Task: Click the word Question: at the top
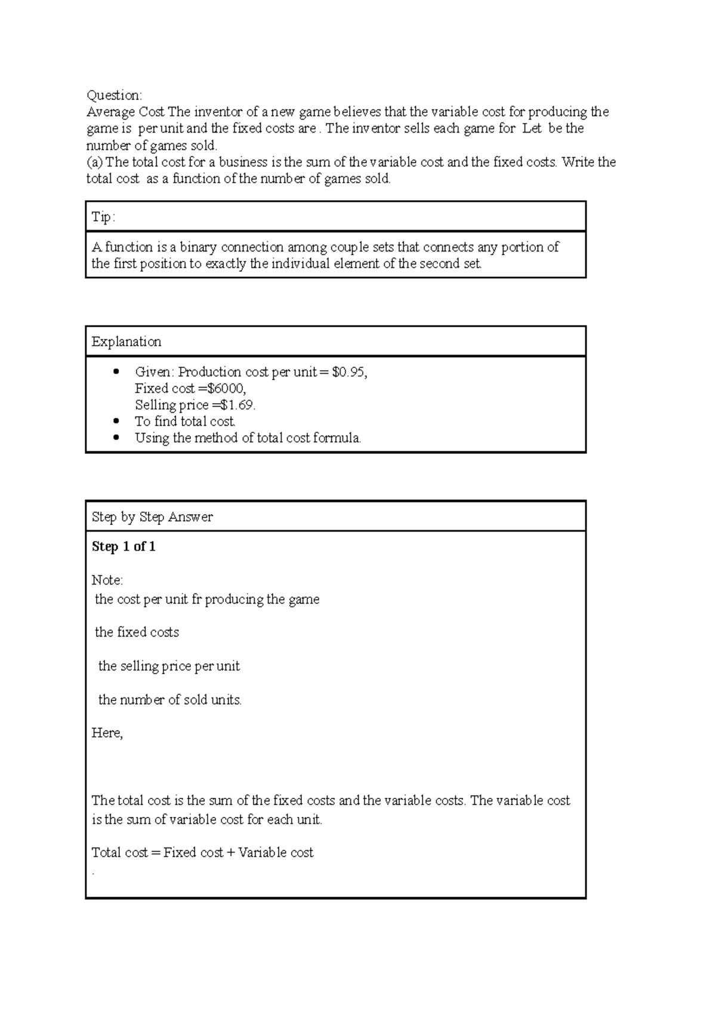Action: (114, 96)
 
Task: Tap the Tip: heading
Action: (103, 217)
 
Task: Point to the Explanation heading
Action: (126, 342)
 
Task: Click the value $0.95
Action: (349, 373)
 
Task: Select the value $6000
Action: (226, 389)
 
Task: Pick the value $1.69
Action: (237, 405)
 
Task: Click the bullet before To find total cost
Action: (116, 421)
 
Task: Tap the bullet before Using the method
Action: (116, 438)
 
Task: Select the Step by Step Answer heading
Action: (152, 517)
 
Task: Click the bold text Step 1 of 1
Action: (124, 547)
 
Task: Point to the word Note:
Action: (107, 580)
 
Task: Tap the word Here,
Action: (107, 733)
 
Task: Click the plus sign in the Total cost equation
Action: (230, 853)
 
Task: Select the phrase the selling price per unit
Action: (169, 666)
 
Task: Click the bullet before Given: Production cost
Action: (116, 372)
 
